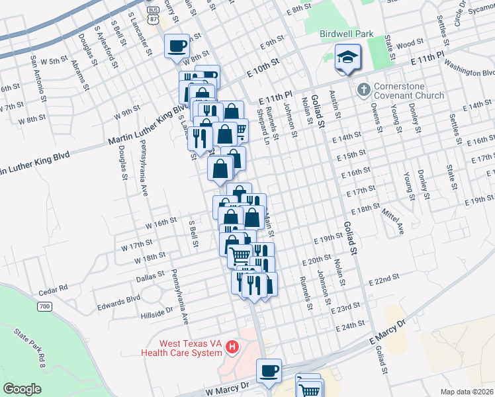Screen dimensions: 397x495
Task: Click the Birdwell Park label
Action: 346,33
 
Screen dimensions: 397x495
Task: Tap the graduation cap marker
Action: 347,58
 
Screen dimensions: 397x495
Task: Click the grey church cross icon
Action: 363,89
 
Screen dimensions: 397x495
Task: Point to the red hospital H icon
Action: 232,346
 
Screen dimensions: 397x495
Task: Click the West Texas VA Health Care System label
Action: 191,348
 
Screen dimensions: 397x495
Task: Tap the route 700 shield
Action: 44,306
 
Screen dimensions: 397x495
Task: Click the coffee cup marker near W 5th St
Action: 177,46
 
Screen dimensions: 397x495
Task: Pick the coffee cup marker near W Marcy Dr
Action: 269,371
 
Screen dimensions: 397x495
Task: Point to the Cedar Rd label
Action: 54,288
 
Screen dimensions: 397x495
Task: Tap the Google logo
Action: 22,388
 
